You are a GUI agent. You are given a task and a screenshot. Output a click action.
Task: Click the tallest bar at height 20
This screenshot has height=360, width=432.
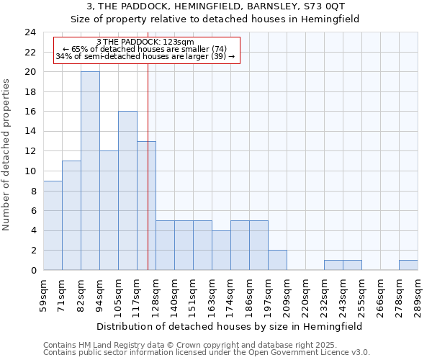pos(90,171)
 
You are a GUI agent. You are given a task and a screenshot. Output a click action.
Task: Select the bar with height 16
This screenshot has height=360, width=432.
pos(127,191)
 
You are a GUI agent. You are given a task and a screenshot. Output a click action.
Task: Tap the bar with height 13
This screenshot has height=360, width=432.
pos(146,205)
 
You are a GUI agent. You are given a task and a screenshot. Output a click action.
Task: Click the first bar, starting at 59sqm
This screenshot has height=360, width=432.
pos(53,225)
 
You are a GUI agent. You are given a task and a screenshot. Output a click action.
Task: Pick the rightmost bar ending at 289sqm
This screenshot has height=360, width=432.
pos(408,265)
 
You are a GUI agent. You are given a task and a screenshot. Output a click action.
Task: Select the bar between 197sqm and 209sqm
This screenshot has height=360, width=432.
pos(277,260)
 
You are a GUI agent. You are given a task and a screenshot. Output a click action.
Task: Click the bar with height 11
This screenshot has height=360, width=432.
pos(71,215)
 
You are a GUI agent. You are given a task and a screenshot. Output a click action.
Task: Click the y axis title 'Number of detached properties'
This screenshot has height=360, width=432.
pos(7,155)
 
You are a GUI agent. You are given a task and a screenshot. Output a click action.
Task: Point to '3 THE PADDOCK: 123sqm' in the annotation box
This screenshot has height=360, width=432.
pos(145,42)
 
